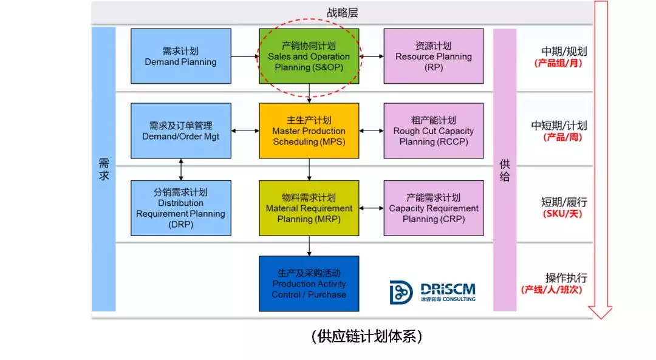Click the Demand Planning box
tap(181, 56)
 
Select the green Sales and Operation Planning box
tap(309, 56)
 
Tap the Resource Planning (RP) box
tap(434, 56)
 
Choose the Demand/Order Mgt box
tap(181, 131)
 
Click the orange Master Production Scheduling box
tap(309, 131)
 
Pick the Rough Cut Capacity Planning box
tap(434, 131)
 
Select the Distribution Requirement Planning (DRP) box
tap(181, 208)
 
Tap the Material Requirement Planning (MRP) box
tap(309, 208)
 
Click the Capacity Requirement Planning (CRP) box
tap(434, 208)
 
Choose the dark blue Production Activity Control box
tap(309, 284)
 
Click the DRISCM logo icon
tap(401, 292)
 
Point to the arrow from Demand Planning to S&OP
tap(245, 56)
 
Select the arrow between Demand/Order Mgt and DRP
tap(181, 169)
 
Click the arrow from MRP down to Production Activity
tap(309, 246)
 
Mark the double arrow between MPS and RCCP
tap(372, 131)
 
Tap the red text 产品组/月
tap(558, 63)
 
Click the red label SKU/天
tap(562, 214)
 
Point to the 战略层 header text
tap(342, 13)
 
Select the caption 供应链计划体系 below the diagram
tap(367, 336)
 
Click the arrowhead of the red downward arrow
tap(600, 312)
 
